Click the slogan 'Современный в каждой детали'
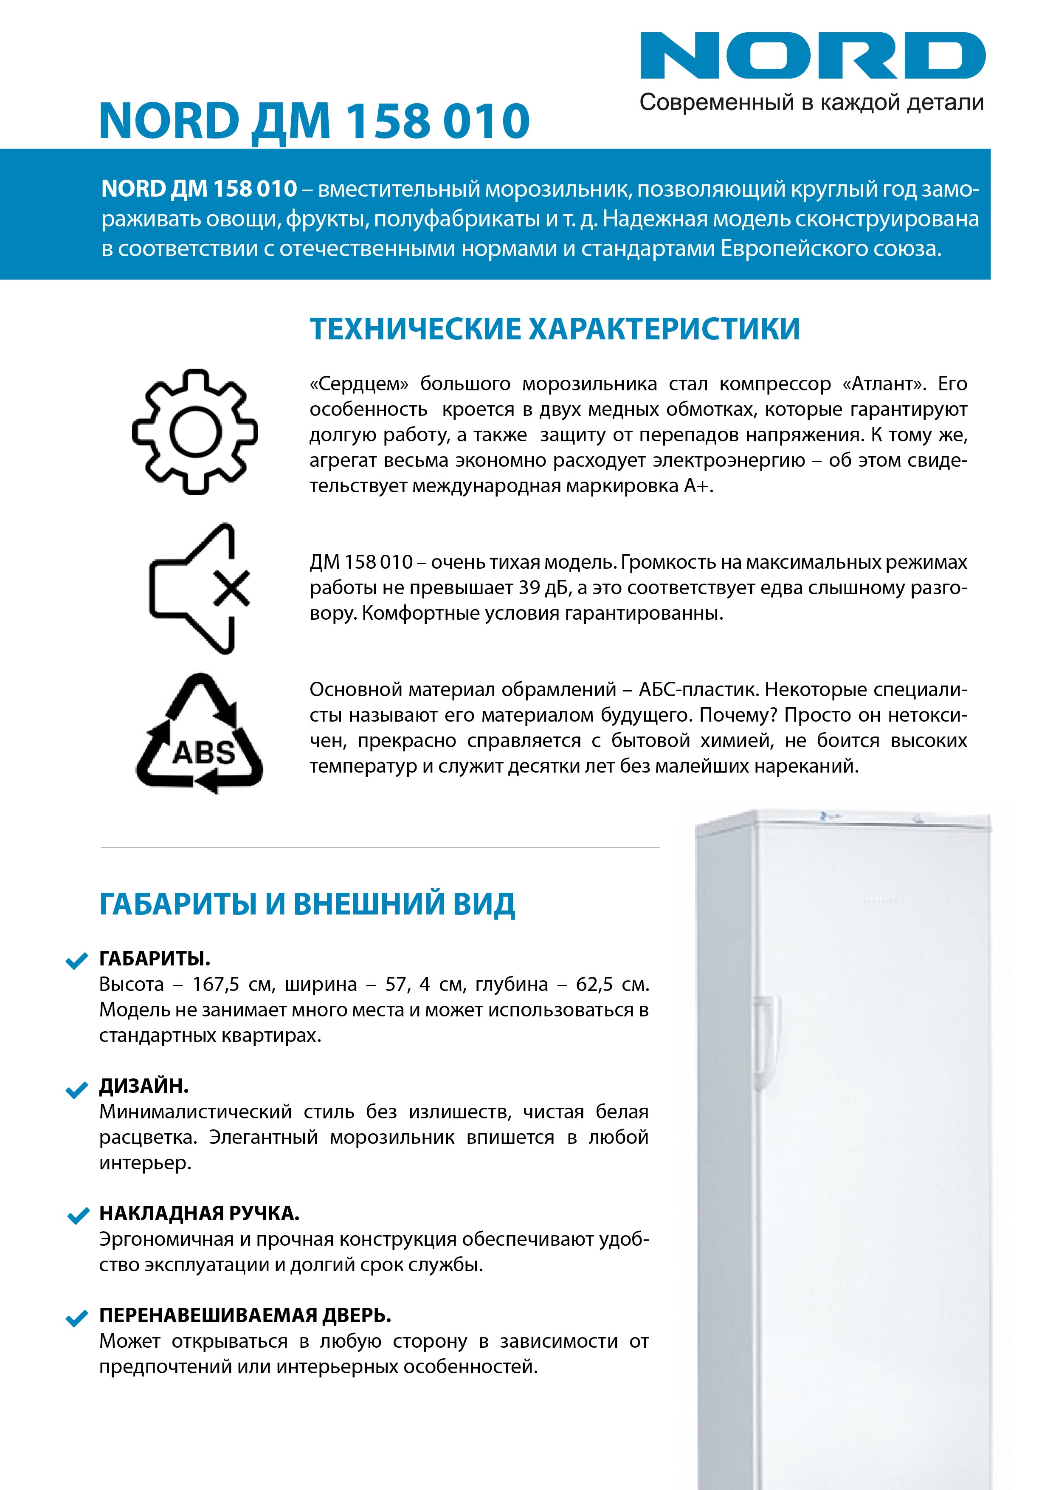pos(811,102)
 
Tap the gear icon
pos(194,432)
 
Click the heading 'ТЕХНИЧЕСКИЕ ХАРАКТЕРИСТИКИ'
pos(555,329)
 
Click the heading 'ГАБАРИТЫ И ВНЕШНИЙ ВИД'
pos(307,904)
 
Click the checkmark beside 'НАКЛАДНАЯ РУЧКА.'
pos(77,1216)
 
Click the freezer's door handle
pos(765,1038)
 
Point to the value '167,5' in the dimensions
pos(214,985)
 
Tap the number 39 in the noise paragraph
pos(529,588)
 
